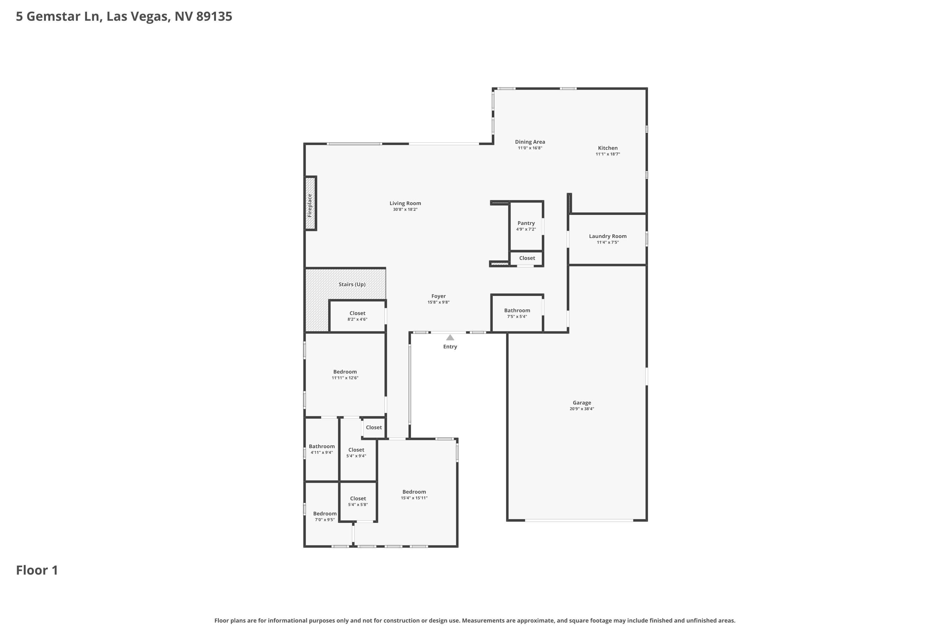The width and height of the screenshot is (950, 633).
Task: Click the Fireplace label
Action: pos(310,205)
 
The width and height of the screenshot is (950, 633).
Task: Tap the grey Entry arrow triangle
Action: pos(450,337)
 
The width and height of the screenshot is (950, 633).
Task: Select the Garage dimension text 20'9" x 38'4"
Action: pos(582,409)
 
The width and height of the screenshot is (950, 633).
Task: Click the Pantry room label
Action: pos(526,223)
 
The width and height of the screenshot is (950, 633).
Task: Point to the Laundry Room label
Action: pos(607,236)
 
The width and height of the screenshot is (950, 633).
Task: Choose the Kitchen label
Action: pos(607,148)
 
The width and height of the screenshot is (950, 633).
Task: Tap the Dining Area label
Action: pos(530,142)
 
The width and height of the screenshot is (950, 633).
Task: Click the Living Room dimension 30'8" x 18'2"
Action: pos(405,210)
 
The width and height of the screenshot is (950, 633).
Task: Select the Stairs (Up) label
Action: pos(352,284)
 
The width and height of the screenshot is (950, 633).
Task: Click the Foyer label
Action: pos(438,296)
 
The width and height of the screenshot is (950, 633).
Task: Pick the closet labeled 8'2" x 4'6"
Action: pos(357,316)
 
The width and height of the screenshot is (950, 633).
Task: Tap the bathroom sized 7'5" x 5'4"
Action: pos(517,313)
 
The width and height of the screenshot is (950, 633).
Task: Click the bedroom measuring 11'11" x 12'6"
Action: pos(345,375)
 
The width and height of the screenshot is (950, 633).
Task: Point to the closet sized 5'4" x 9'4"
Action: pos(356,453)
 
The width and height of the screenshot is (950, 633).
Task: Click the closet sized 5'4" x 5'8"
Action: pos(358,501)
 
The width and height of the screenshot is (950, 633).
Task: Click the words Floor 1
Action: pos(37,570)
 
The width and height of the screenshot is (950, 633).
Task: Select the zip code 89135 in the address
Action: pos(214,16)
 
